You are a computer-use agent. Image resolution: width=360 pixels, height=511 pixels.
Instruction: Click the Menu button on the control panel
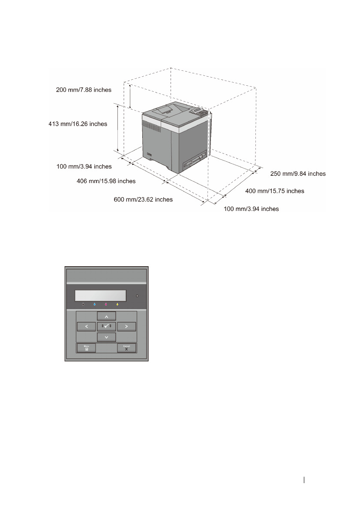(x=86, y=348)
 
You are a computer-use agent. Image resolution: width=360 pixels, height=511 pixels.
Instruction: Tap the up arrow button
(x=107, y=316)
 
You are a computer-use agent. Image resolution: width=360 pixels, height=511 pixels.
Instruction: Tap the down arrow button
(x=107, y=337)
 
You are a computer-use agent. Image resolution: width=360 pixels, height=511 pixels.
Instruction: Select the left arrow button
(x=87, y=327)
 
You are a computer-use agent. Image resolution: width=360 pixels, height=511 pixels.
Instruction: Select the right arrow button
(x=126, y=327)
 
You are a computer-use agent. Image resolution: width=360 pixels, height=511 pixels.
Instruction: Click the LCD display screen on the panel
(x=100, y=296)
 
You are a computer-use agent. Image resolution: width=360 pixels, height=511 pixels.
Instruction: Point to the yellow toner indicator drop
(x=117, y=306)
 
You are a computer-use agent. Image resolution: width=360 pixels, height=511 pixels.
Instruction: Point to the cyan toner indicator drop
(x=94, y=306)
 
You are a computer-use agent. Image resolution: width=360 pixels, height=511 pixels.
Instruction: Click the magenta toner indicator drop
(x=105, y=306)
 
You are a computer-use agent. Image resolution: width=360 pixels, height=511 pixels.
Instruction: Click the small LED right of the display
(x=137, y=296)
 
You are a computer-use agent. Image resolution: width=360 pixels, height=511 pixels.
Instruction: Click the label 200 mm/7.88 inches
(x=84, y=90)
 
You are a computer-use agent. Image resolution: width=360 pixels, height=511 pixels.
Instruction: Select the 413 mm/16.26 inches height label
(x=78, y=124)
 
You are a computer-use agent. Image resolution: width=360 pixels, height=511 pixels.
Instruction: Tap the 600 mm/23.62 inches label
(x=143, y=199)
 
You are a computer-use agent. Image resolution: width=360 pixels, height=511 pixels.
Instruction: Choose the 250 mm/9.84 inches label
(x=298, y=174)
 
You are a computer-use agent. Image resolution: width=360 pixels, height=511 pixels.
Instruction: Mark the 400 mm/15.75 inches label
(x=275, y=191)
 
